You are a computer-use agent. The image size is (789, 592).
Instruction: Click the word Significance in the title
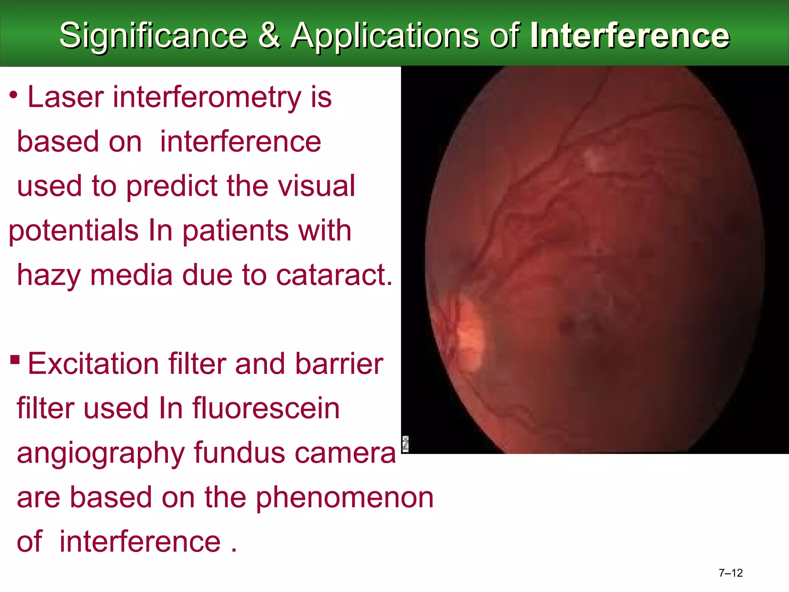(153, 35)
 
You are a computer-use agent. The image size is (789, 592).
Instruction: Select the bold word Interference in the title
(630, 35)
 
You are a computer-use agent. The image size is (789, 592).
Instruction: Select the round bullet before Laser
(13, 95)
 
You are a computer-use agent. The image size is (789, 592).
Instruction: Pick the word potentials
(73, 231)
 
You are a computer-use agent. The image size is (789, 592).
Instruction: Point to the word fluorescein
(266, 408)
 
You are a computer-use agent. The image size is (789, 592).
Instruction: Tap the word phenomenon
(345, 498)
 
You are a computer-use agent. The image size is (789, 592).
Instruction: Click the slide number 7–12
(730, 573)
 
